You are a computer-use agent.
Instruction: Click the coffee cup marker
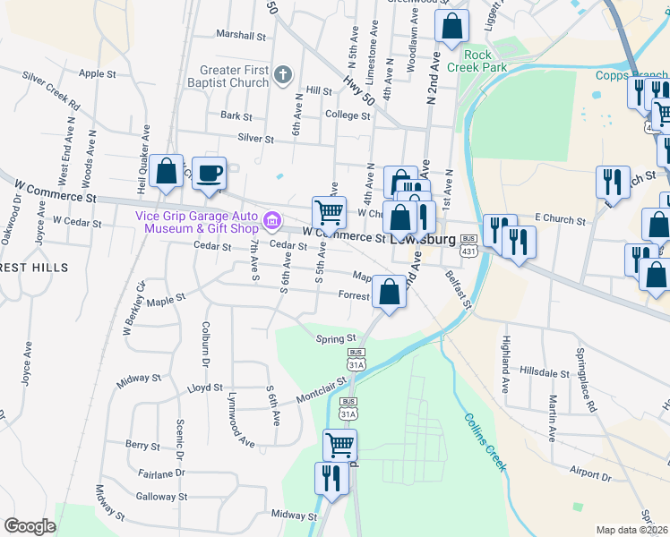coord(210,174)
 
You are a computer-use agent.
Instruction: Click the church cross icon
coord(283,75)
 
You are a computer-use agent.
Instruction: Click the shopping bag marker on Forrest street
coord(390,292)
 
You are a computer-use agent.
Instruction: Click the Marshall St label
coord(242,37)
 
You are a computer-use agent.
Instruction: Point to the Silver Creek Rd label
coord(51,92)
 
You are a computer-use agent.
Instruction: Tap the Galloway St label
coord(161,496)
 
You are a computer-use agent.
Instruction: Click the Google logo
coord(30,526)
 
